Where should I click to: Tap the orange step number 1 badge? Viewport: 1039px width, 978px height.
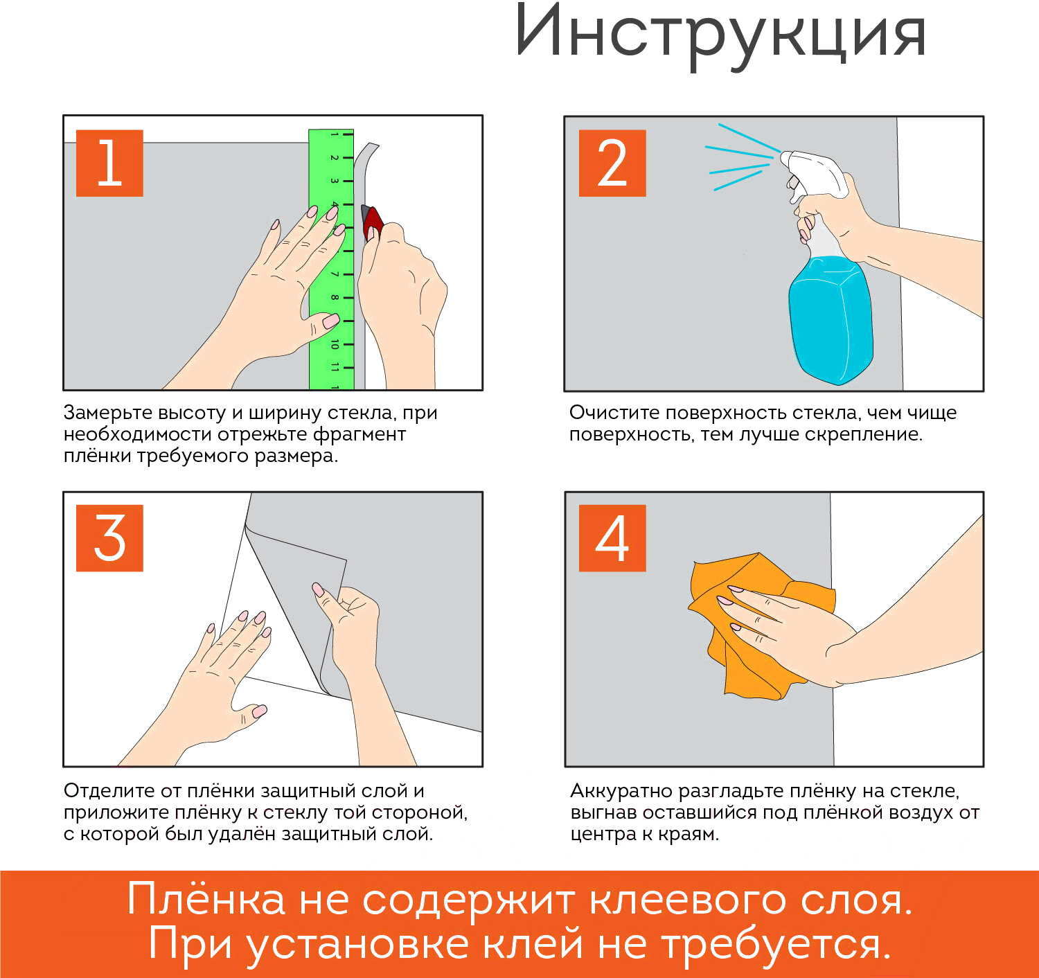pos(109,163)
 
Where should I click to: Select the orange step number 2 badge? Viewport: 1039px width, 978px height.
pos(612,163)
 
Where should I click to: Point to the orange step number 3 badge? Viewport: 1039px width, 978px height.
pos(109,538)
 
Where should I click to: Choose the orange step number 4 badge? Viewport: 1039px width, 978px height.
pos(612,538)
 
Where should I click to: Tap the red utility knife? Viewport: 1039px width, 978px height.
pos(373,222)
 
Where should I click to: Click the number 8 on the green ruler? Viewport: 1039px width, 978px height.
pos(335,297)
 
